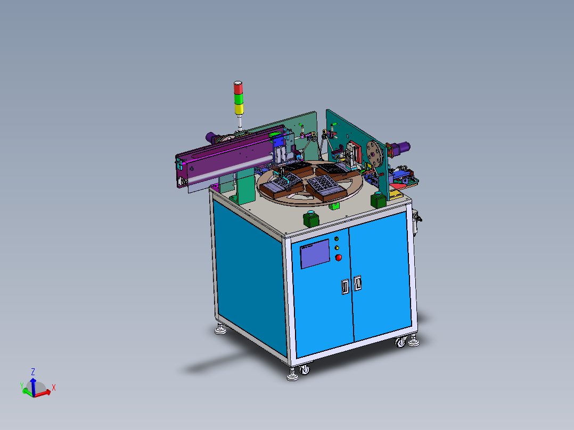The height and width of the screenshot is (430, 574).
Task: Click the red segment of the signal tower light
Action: pos(238,87)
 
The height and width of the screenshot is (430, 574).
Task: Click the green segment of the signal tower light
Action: pos(238,98)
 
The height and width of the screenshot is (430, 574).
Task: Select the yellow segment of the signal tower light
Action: pos(239,109)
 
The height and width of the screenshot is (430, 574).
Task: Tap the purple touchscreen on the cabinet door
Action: pos(315,254)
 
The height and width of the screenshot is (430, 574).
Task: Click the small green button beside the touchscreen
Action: pos(337,239)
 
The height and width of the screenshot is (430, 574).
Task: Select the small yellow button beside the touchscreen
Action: pos(337,248)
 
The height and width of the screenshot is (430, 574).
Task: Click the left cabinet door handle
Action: pos(345,286)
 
